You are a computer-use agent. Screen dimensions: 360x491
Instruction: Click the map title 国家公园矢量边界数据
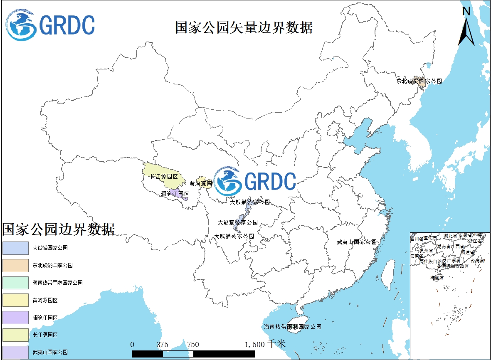[x=244, y=28]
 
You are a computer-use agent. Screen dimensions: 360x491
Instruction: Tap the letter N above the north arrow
[x=466, y=11]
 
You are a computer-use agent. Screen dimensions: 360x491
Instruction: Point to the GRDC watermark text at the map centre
[x=270, y=181]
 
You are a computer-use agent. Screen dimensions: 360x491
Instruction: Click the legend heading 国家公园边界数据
[x=58, y=229]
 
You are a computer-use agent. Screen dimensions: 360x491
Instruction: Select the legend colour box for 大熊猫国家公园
[x=15, y=248]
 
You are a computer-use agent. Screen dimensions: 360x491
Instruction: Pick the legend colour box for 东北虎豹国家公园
[x=15, y=265]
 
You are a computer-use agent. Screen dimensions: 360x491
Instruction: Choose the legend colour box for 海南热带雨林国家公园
[x=15, y=283]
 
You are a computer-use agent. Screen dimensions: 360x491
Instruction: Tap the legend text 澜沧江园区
[x=45, y=318]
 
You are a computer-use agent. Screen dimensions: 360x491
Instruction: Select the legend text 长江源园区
[x=45, y=335]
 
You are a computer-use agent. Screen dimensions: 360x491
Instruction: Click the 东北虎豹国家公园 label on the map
[x=419, y=81]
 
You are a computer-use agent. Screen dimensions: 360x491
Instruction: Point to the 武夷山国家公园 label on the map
[x=357, y=242]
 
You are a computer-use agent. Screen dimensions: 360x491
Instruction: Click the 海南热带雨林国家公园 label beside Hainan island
[x=293, y=327]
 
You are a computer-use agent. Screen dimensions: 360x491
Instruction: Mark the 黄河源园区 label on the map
[x=201, y=183]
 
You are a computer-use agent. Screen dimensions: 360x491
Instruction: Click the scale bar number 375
[x=163, y=345]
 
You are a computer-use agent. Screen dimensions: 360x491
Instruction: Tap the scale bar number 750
[x=193, y=345]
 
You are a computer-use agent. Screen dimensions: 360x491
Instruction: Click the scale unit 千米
[x=277, y=344]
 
